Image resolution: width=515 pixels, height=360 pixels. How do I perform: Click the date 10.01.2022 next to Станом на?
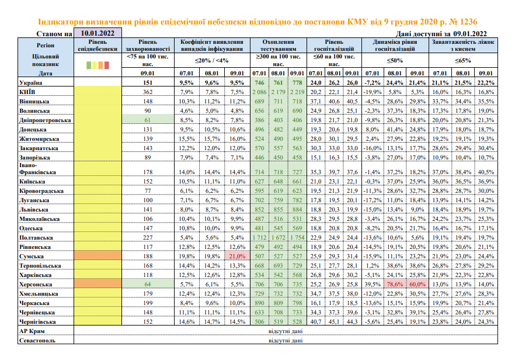click(97, 33)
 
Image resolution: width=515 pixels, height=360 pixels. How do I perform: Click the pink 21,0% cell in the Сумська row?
click(236, 255)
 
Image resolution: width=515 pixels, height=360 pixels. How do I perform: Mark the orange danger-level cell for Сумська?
click(98, 255)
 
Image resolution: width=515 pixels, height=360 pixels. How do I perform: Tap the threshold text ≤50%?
click(395, 60)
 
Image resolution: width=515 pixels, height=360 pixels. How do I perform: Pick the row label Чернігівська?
click(37, 321)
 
